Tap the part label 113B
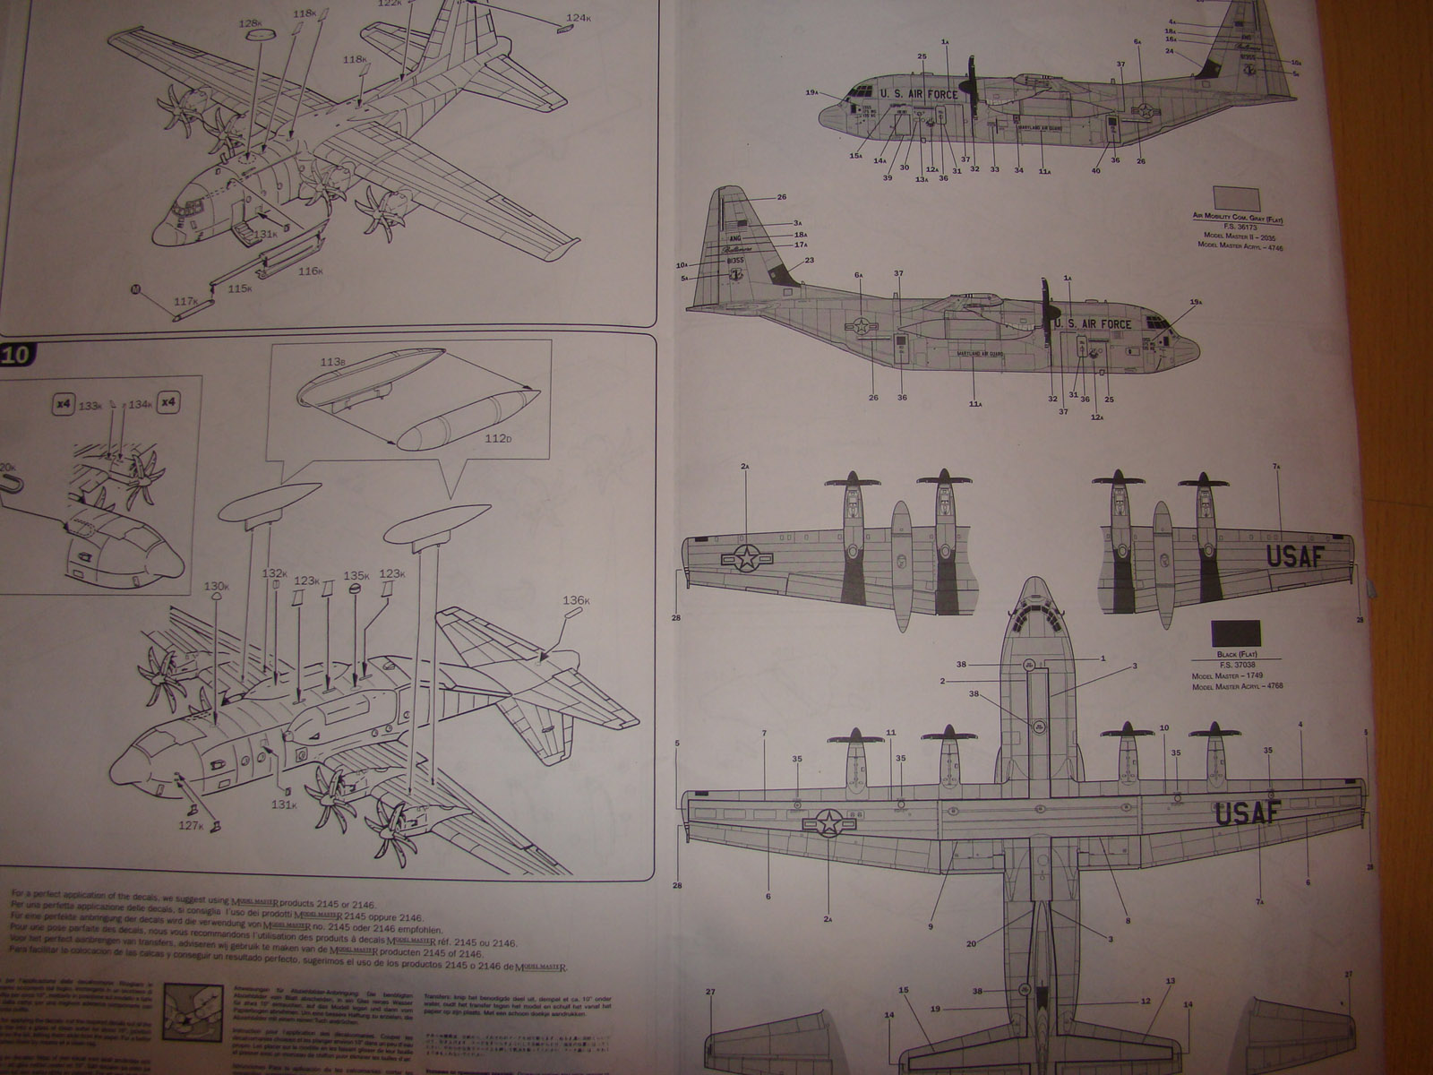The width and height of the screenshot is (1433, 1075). pos(332,363)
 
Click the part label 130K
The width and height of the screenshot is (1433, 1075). pos(216,587)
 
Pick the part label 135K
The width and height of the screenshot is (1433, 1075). pos(356,576)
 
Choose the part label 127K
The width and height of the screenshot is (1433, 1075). pos(189,825)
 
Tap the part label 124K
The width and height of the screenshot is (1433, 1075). pos(578,17)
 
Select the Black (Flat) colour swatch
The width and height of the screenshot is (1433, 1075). pos(1235,634)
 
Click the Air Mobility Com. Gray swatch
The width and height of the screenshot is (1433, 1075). pos(1236,200)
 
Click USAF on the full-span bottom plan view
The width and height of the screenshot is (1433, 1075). pos(1248,813)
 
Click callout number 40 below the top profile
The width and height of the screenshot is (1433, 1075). pos(1095,170)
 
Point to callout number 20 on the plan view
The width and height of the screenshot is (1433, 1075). pos(972,942)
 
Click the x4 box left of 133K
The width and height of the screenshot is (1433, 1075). pos(62,404)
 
